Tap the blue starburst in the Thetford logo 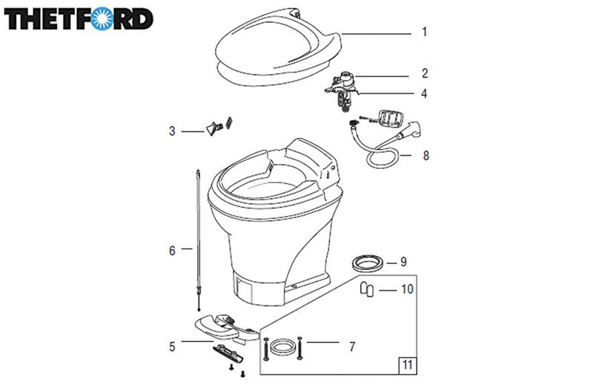[102, 18]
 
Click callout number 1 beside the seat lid [425, 32]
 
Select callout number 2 [425, 73]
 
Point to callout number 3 [172, 131]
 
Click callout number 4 [424, 93]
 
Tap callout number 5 [172, 346]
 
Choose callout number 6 [172, 251]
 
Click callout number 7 [352, 346]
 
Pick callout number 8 [425, 156]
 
